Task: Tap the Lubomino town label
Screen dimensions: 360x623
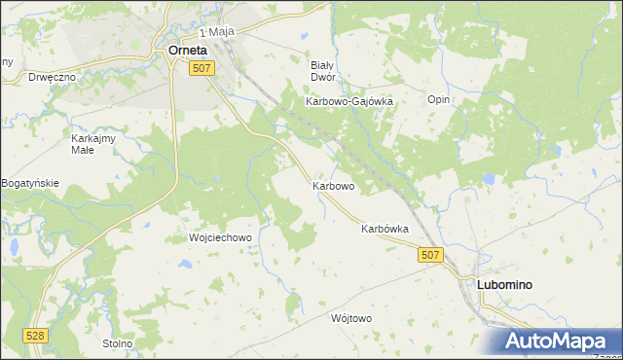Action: [503, 284]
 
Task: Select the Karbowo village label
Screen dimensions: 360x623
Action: [333, 185]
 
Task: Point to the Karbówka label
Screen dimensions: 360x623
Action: [384, 230]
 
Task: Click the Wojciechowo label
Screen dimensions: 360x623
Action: [220, 237]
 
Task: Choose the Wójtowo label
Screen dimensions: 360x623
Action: [351, 318]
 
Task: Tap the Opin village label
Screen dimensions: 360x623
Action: [438, 99]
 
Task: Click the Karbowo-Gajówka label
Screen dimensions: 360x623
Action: [348, 101]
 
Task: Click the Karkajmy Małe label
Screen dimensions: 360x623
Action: [94, 144]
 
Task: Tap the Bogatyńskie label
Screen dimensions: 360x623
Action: [30, 183]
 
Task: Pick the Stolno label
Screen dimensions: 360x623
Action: [117, 343]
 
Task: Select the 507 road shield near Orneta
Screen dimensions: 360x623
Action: [202, 67]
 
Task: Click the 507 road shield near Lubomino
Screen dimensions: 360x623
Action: [432, 254]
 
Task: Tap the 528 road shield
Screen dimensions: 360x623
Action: [36, 336]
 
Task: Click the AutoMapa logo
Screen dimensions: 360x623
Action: [555, 342]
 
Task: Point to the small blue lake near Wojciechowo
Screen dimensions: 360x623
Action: [184, 264]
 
